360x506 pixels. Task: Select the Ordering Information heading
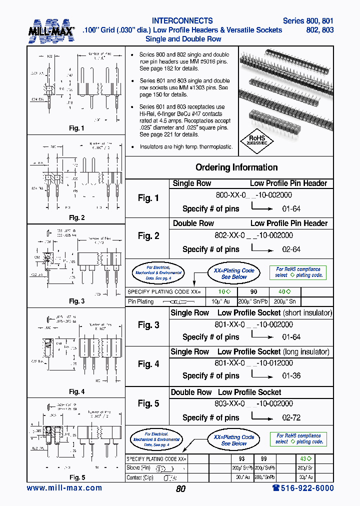point(236,167)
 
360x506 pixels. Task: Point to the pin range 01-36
point(291,375)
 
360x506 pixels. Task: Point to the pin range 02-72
point(291,417)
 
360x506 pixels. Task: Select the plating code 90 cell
point(253,292)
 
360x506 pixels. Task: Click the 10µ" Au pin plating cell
point(220,301)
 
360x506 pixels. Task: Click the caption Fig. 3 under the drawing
point(76,301)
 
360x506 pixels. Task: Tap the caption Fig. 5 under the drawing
point(76,477)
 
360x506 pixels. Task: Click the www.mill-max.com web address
point(64,488)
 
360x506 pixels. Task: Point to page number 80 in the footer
point(180,489)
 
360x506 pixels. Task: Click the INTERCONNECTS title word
point(182,21)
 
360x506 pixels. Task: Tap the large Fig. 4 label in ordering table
point(148,364)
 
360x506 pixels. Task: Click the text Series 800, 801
point(308,21)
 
